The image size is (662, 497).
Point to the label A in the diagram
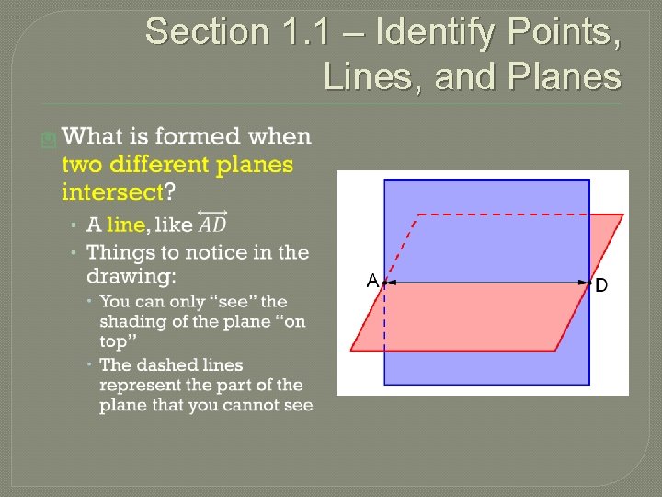(372, 281)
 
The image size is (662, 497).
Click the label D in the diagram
(601, 285)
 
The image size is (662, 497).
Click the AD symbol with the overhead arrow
(212, 224)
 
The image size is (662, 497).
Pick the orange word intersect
(111, 192)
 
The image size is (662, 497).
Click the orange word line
(125, 225)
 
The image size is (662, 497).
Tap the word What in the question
(94, 138)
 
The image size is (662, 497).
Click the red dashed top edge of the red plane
(515, 214)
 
